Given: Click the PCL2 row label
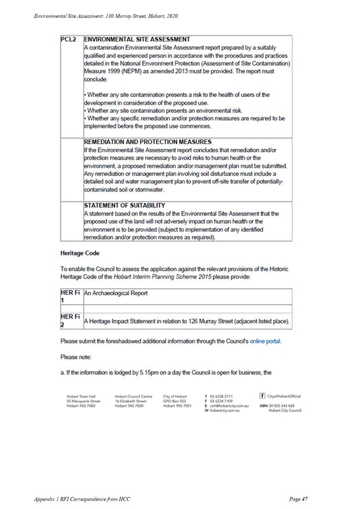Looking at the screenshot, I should point(68,39).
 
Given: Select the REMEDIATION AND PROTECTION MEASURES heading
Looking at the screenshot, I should point(148,142).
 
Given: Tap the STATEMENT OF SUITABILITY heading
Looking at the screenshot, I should point(124,205).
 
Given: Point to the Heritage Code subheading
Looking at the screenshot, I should point(79,253).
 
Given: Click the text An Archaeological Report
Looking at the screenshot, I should point(116,293).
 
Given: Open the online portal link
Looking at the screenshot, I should point(265,341).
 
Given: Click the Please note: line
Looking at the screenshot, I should point(76,357).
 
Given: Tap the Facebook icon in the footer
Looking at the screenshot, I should point(263,396).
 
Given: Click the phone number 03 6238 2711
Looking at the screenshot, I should point(221,396).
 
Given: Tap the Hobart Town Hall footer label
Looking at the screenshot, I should point(80,396).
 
